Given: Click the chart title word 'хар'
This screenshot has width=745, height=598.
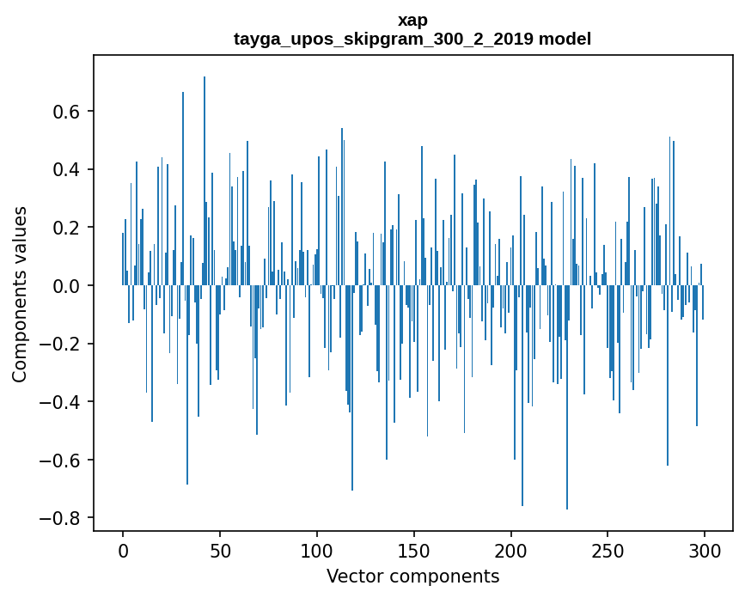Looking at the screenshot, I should pos(412,20).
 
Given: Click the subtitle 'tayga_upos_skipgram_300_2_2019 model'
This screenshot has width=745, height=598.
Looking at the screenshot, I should pos(412,39).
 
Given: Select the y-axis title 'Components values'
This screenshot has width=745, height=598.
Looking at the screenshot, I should pos(20,294).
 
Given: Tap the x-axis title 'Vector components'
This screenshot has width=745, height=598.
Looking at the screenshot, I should pos(412,576).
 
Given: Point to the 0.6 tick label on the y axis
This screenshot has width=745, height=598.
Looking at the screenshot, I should pos(67,112).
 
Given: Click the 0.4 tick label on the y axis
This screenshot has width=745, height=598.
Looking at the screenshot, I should pos(67,169).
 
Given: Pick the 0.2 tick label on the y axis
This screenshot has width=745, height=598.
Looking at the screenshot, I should pos(67,228).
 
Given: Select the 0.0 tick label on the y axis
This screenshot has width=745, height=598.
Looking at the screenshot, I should pos(67,285).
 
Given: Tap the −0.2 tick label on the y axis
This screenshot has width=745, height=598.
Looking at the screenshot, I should pos(61,344).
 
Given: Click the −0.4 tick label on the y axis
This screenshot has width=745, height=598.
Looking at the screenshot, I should pos(61,402).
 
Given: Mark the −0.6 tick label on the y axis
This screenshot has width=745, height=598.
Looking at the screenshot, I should pos(61,460).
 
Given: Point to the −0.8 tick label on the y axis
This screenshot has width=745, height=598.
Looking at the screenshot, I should pos(61,518).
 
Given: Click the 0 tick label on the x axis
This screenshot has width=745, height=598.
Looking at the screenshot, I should pos(123,550).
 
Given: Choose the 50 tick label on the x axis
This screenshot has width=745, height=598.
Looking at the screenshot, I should pos(220,550).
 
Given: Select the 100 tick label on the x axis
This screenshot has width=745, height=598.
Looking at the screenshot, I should pos(317,550).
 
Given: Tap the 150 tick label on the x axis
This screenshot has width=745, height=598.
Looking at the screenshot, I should pos(414,550).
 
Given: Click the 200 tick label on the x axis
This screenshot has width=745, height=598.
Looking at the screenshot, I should pos(511,550).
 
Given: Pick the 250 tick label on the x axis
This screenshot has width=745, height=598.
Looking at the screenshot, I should pos(608,550).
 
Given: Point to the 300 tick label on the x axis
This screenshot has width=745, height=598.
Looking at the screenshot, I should pos(705,550).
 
